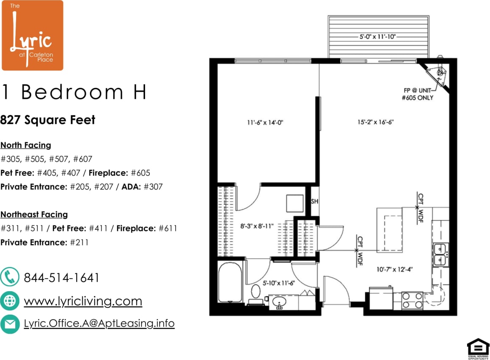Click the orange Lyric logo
pyautogui.click(x=32, y=35)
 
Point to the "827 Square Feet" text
pyautogui.click(x=48, y=120)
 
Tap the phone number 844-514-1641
pyautogui.click(x=62, y=278)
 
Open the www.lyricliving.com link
pyautogui.click(x=83, y=301)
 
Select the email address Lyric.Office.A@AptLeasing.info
pyautogui.click(x=99, y=323)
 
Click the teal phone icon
pyautogui.click(x=10, y=278)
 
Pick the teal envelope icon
pyautogui.click(x=10, y=324)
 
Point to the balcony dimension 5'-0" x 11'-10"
pyautogui.click(x=378, y=37)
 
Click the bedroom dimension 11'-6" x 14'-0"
pyautogui.click(x=265, y=123)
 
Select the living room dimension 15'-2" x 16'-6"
pyautogui.click(x=375, y=123)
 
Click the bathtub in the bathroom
pyautogui.click(x=230, y=282)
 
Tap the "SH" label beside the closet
pyautogui.click(x=315, y=201)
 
